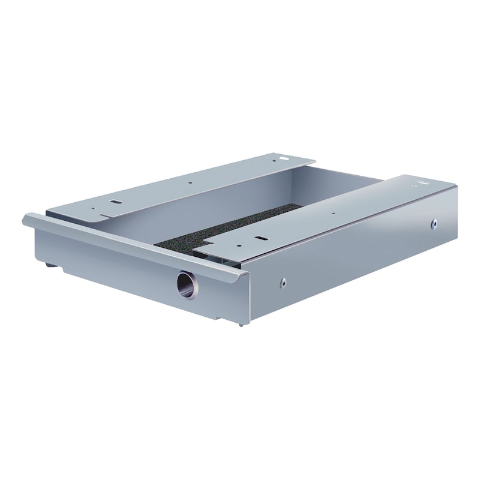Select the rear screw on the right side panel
tap(434, 224)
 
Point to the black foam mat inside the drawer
tap(228, 227)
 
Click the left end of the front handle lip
tap(26, 219)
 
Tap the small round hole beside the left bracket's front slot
tap(93, 209)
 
